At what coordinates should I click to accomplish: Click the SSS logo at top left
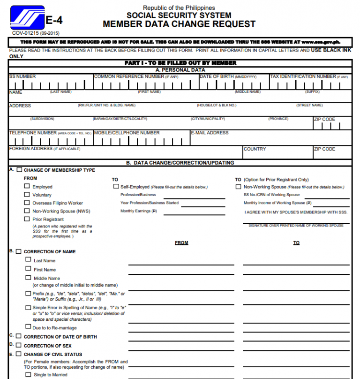tap(27, 18)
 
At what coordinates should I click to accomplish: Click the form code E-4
tap(54, 21)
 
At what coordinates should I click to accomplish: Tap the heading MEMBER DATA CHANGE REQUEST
tap(179, 24)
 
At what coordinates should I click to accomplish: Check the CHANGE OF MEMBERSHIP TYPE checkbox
tap(19, 170)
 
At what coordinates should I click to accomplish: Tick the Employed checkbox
tap(27, 186)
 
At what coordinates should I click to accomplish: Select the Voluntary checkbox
tap(27, 194)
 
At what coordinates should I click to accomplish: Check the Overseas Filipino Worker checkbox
tap(27, 203)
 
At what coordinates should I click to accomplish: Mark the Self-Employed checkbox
tap(116, 186)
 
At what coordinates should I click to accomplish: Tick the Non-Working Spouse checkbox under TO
tap(239, 186)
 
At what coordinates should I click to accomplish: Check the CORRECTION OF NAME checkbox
tap(19, 251)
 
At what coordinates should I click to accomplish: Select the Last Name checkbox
tap(29, 260)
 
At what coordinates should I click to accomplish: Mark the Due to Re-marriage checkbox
tap(28, 326)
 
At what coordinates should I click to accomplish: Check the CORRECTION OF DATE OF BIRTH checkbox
tap(19, 336)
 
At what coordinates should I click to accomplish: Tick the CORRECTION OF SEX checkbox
tap(19, 345)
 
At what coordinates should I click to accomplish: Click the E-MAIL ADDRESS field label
tap(210, 133)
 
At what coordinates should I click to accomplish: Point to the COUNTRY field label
tap(255, 149)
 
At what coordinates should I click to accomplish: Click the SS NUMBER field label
tap(22, 76)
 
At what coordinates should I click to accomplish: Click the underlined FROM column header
tap(181, 243)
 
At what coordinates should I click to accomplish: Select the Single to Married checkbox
tap(28, 374)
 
